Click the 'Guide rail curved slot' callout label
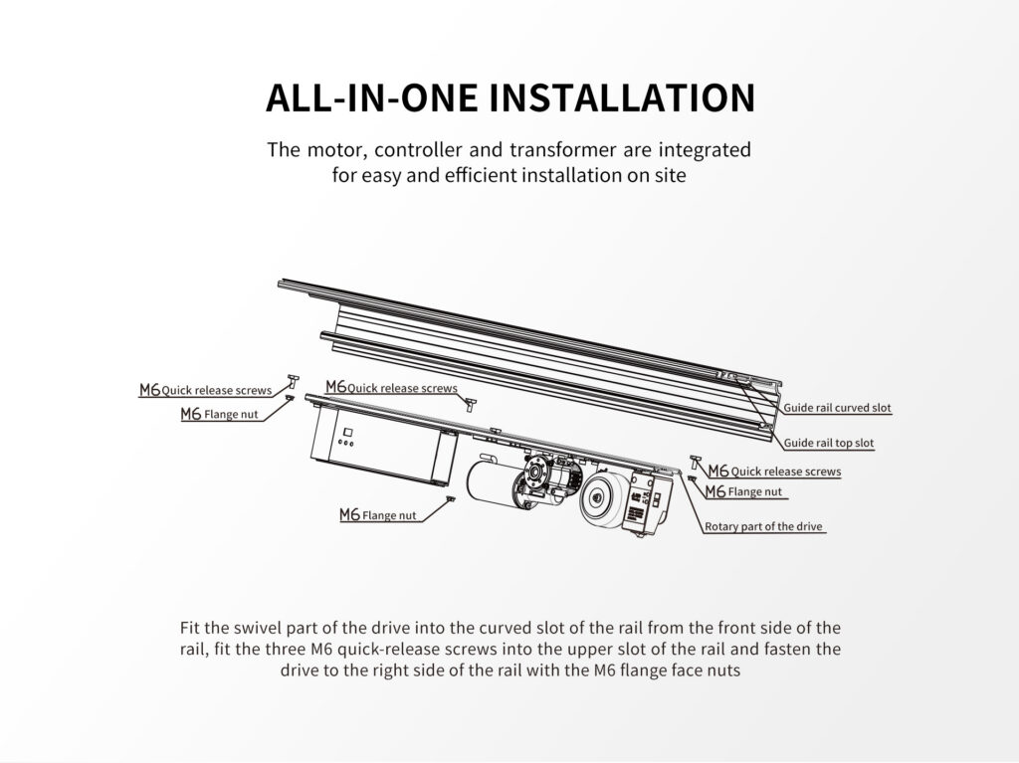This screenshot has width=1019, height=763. [838, 409]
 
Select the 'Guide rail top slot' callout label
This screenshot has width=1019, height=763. [829, 443]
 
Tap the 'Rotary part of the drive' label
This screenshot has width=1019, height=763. [763, 526]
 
